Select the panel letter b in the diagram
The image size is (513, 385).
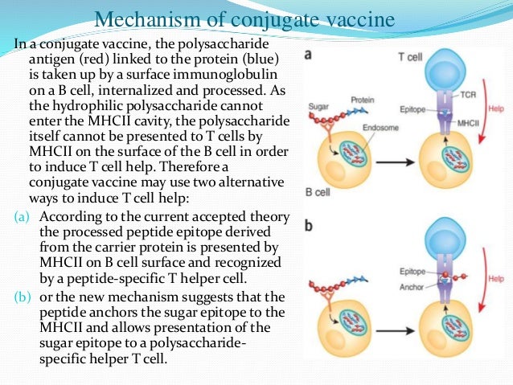point(309,227)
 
